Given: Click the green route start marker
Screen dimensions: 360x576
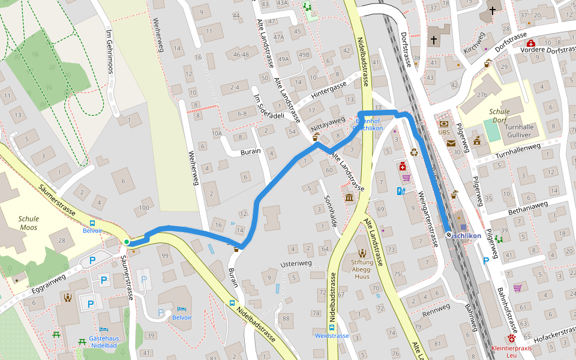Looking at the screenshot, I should pyautogui.click(x=127, y=242).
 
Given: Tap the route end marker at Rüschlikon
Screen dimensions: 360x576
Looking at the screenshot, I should pyautogui.click(x=449, y=235).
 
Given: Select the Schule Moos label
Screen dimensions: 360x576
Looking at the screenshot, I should pyautogui.click(x=28, y=223).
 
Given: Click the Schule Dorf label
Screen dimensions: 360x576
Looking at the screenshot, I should pyautogui.click(x=499, y=116).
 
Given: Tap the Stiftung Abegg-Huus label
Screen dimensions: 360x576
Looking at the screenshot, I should pyautogui.click(x=362, y=265).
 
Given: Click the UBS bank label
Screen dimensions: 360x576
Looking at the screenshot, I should pyautogui.click(x=444, y=132).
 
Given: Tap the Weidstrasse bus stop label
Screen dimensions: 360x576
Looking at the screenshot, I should pyautogui.click(x=332, y=336).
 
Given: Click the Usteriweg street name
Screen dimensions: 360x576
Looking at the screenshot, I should pyautogui.click(x=296, y=264).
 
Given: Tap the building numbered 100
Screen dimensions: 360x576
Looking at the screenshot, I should pyautogui.click(x=143, y=208).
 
